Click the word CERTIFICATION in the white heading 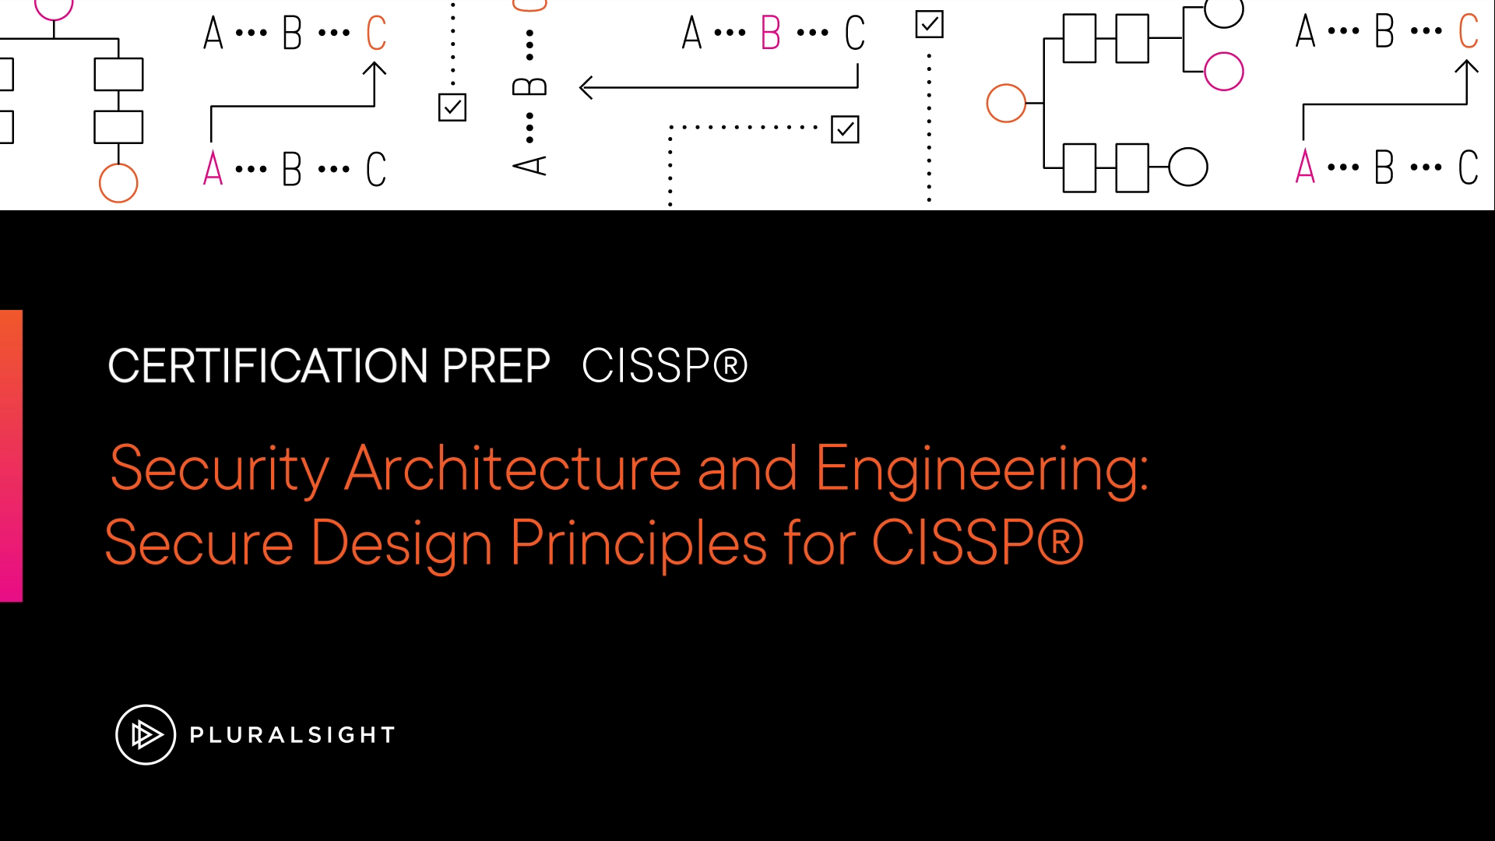[x=268, y=366]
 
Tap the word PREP [x=496, y=366]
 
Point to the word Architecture [x=513, y=468]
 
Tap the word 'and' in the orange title [x=747, y=468]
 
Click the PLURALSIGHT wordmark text [x=292, y=735]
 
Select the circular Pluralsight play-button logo [x=146, y=734]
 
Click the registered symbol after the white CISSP [x=730, y=365]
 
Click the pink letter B [x=771, y=33]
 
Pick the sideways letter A [x=529, y=165]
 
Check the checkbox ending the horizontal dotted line [x=845, y=129]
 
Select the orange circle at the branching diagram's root [x=1006, y=104]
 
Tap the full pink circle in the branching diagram [x=1223, y=72]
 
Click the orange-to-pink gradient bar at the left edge [x=11, y=456]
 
